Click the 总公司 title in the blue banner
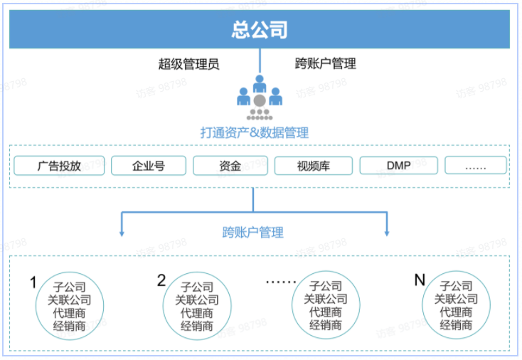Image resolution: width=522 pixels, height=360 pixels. point(260,30)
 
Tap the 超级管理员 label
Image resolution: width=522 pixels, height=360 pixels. point(188,63)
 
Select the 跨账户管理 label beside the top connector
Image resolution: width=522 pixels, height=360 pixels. point(325,63)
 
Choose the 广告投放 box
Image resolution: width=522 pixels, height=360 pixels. point(59,166)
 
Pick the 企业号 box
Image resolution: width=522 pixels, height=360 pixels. point(148,166)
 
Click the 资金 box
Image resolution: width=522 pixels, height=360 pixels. point(230,166)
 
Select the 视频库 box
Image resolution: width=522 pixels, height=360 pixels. point(313,166)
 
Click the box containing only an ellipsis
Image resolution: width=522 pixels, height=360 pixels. point(476,166)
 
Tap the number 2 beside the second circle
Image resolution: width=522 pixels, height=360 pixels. point(161,280)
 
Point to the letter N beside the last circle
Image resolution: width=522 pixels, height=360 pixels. point(420,280)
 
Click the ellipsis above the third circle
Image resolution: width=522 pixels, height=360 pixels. point(281,282)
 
